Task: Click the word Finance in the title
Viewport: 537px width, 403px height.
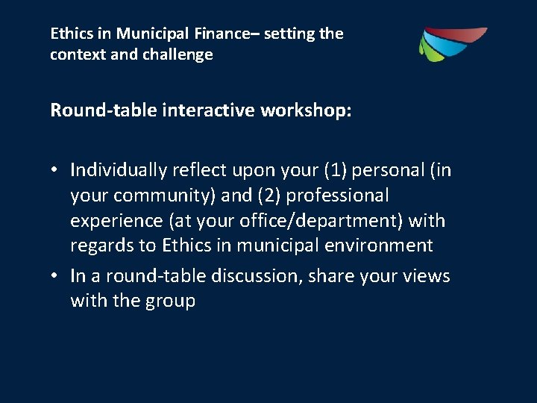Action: (221, 34)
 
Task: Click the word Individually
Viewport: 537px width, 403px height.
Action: (119, 170)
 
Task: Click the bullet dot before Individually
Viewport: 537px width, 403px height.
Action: (55, 171)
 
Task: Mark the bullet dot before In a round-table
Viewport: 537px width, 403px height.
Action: (55, 277)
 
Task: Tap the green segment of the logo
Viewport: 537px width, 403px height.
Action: (427, 51)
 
